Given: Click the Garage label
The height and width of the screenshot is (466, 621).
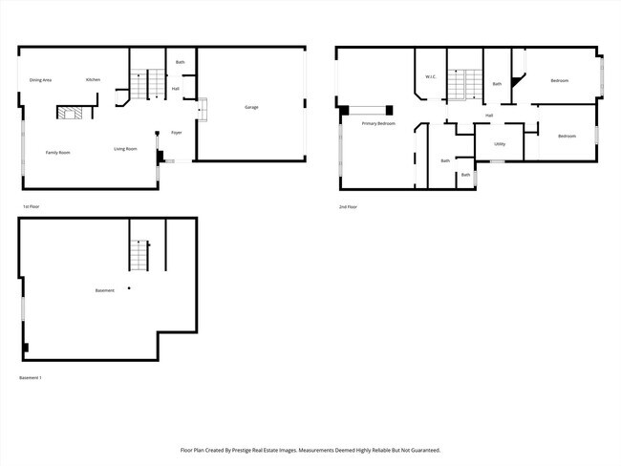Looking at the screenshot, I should tap(251, 107).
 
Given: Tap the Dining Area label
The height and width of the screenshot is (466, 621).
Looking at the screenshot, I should tap(40, 79).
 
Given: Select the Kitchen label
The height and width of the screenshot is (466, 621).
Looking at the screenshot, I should tap(93, 79).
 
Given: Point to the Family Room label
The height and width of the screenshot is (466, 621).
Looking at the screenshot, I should tap(57, 152).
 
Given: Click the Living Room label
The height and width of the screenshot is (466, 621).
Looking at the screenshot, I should tap(125, 149).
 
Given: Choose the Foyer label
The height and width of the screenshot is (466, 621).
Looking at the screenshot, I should tap(177, 133).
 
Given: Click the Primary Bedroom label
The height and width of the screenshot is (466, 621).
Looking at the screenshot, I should tap(378, 124).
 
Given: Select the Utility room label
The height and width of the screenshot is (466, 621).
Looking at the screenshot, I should tap(499, 144).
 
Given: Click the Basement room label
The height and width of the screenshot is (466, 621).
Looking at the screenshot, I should tap(104, 290).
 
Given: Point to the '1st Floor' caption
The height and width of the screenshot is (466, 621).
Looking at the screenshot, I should tap(31, 207).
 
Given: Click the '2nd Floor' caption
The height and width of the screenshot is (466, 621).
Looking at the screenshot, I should tap(348, 207).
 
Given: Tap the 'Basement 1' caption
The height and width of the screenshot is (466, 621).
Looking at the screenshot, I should tap(31, 378).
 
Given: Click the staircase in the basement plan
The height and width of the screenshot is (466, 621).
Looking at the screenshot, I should tap(139, 256).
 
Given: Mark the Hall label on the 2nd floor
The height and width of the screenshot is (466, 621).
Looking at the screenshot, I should tap(489, 116).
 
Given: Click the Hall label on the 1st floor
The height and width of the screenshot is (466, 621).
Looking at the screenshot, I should tap(176, 89).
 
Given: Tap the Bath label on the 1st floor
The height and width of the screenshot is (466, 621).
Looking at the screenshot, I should tap(180, 63).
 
